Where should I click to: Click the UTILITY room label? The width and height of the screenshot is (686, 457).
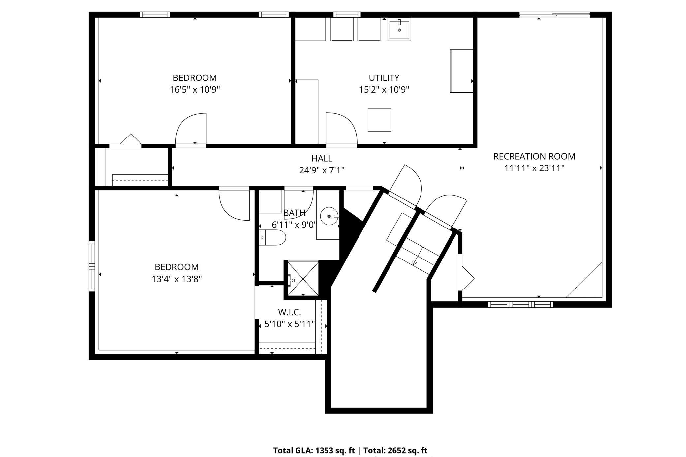(384, 78)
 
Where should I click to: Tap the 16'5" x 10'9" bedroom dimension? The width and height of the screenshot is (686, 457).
(195, 90)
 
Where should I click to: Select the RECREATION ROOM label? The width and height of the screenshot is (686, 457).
(534, 156)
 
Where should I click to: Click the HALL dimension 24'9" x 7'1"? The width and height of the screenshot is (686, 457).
(322, 170)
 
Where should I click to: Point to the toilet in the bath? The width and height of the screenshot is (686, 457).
(273, 237)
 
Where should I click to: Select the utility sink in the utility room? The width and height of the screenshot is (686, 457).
(399, 30)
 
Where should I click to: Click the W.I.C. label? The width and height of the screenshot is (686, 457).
(290, 312)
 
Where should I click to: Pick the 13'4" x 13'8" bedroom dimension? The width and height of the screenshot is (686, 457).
(176, 279)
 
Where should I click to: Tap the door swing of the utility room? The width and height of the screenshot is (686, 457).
(341, 129)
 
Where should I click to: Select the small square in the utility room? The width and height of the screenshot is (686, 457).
(379, 120)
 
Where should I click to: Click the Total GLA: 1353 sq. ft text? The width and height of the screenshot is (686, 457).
(314, 450)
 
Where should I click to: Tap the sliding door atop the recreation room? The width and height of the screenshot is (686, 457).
(554, 15)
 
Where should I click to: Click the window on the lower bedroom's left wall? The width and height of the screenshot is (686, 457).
(92, 266)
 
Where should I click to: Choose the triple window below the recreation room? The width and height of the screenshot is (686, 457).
(520, 304)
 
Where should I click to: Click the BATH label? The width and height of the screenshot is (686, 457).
(294, 213)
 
